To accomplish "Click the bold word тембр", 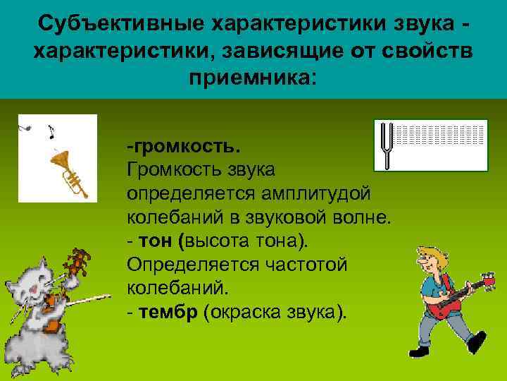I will (x=168, y=311).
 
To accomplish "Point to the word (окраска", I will (x=242, y=311).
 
